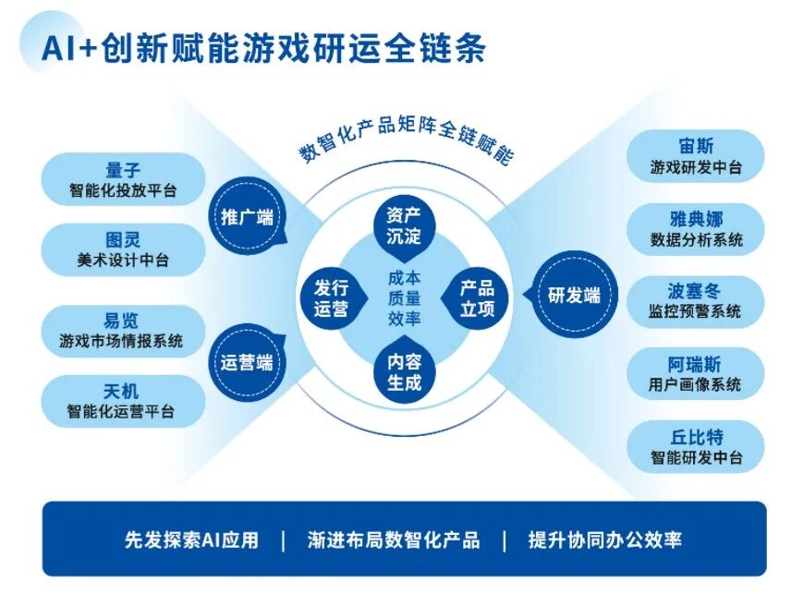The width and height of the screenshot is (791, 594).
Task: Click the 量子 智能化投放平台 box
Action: click(x=123, y=180)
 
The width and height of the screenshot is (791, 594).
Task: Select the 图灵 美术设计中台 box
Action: click(x=123, y=249)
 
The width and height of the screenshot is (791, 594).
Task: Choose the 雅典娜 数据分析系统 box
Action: click(x=695, y=229)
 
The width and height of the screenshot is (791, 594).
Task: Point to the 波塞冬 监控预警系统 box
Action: click(x=695, y=301)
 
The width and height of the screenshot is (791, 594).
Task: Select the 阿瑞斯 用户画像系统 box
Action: click(x=695, y=373)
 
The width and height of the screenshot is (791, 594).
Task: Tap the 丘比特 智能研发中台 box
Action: click(x=695, y=446)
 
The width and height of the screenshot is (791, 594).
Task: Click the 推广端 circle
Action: click(x=248, y=218)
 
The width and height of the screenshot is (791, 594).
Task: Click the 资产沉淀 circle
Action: click(x=404, y=224)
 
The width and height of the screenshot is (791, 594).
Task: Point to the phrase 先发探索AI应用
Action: click(x=192, y=539)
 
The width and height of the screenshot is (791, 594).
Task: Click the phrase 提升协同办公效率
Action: click(x=604, y=539)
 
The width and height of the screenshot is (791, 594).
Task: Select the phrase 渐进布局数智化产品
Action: click(x=394, y=539)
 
